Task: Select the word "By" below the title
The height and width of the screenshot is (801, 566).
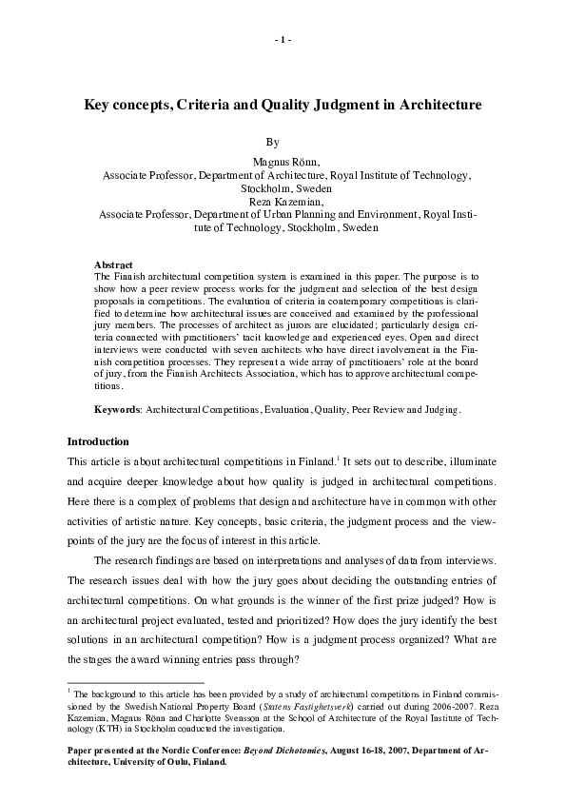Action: click(x=273, y=142)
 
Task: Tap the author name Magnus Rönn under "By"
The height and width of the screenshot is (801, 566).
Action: click(x=283, y=163)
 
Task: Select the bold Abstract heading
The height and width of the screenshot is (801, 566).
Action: click(x=112, y=264)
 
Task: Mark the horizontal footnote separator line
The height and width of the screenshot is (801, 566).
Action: click(x=135, y=682)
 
